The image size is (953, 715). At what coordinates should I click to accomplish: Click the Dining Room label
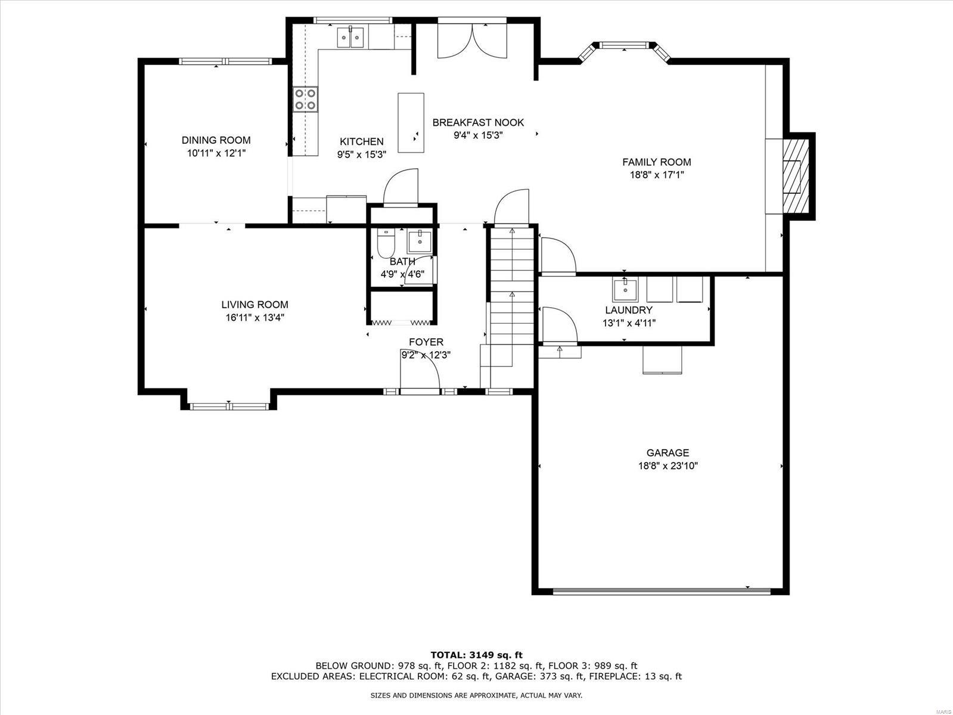pos(216,140)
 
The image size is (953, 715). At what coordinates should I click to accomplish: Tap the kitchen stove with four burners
pos(305,99)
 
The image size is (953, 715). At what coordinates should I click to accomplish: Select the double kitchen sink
pos(350,38)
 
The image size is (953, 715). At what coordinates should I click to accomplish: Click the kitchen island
pos(411,122)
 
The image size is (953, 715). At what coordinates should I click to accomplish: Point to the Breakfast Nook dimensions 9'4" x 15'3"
pos(478,135)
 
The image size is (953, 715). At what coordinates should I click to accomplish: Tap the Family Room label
pos(656,162)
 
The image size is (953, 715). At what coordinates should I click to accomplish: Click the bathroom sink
pos(420,241)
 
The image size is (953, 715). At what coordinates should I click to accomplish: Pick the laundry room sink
pos(625,290)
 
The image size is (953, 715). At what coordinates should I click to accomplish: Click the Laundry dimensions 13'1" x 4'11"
pos(629,323)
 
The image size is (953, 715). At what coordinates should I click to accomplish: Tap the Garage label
pos(668,453)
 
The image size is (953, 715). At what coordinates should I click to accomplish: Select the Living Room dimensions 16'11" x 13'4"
pos(254,318)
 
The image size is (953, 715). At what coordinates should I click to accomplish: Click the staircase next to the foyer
pos(511,286)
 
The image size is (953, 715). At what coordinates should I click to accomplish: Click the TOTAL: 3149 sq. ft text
pos(476,655)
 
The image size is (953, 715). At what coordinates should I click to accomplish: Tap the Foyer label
pos(426,342)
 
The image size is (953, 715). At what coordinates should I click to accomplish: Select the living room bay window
pos(229,406)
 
